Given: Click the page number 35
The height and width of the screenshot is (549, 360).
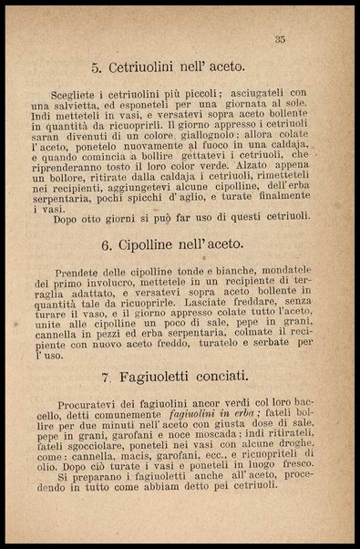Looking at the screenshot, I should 280,38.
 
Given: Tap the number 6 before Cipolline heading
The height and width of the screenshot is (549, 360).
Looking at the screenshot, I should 106,243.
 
